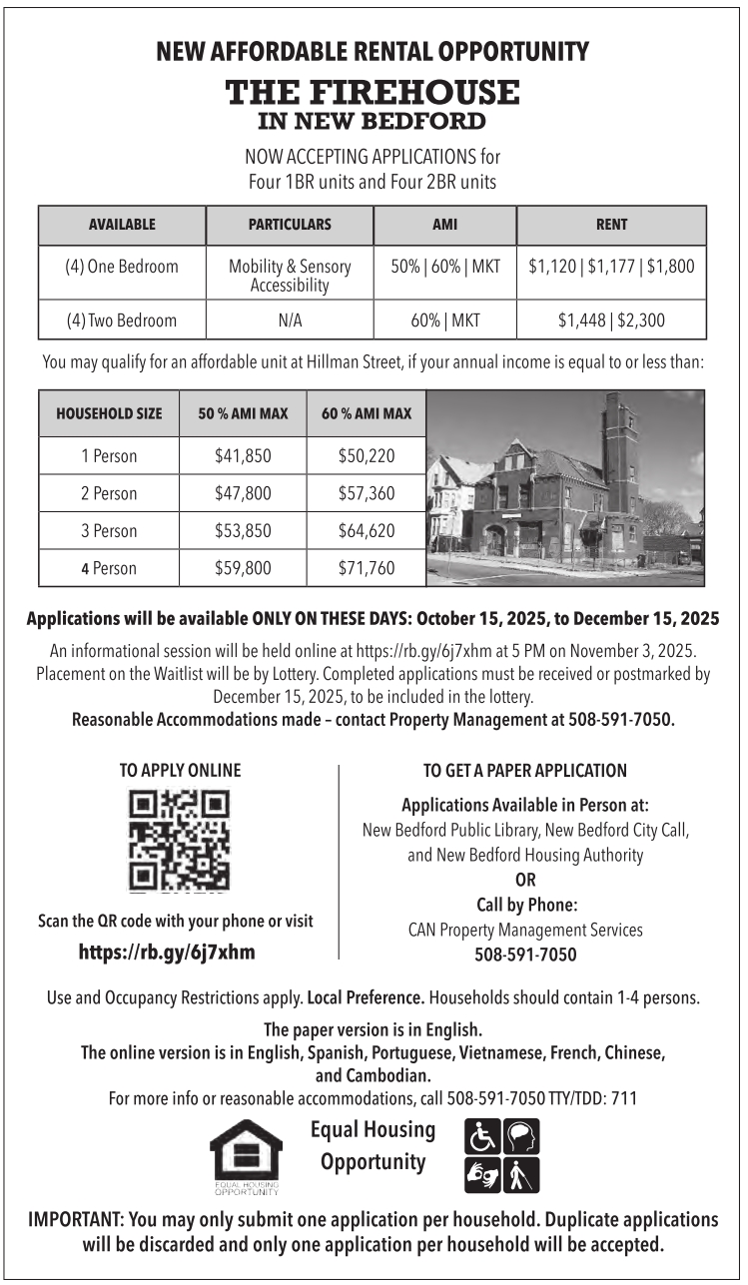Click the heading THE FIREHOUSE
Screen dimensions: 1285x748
pyautogui.click(x=373, y=93)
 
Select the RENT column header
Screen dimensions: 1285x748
pyautogui.click(x=611, y=225)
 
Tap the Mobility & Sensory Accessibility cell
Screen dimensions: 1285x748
pyautogui.click(x=290, y=277)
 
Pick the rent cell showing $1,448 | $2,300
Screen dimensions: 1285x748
pyautogui.click(x=611, y=321)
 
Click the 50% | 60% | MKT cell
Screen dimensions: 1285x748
pyautogui.click(x=444, y=267)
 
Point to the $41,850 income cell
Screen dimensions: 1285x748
pyautogui.click(x=243, y=456)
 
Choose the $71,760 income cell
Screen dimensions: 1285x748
pyautogui.click(x=367, y=568)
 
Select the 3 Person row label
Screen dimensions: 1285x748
pyautogui.click(x=109, y=530)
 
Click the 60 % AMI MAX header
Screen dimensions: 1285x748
pyautogui.click(x=367, y=413)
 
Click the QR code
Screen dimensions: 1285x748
pyautogui.click(x=180, y=839)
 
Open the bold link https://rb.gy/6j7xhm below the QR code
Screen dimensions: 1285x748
pyautogui.click(x=167, y=952)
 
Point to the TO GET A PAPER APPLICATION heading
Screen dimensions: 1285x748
pyautogui.click(x=524, y=770)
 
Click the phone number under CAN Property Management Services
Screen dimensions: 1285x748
pyautogui.click(x=525, y=955)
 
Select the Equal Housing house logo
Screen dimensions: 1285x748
pyautogui.click(x=245, y=1155)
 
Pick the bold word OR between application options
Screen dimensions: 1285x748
pyautogui.click(x=525, y=880)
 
